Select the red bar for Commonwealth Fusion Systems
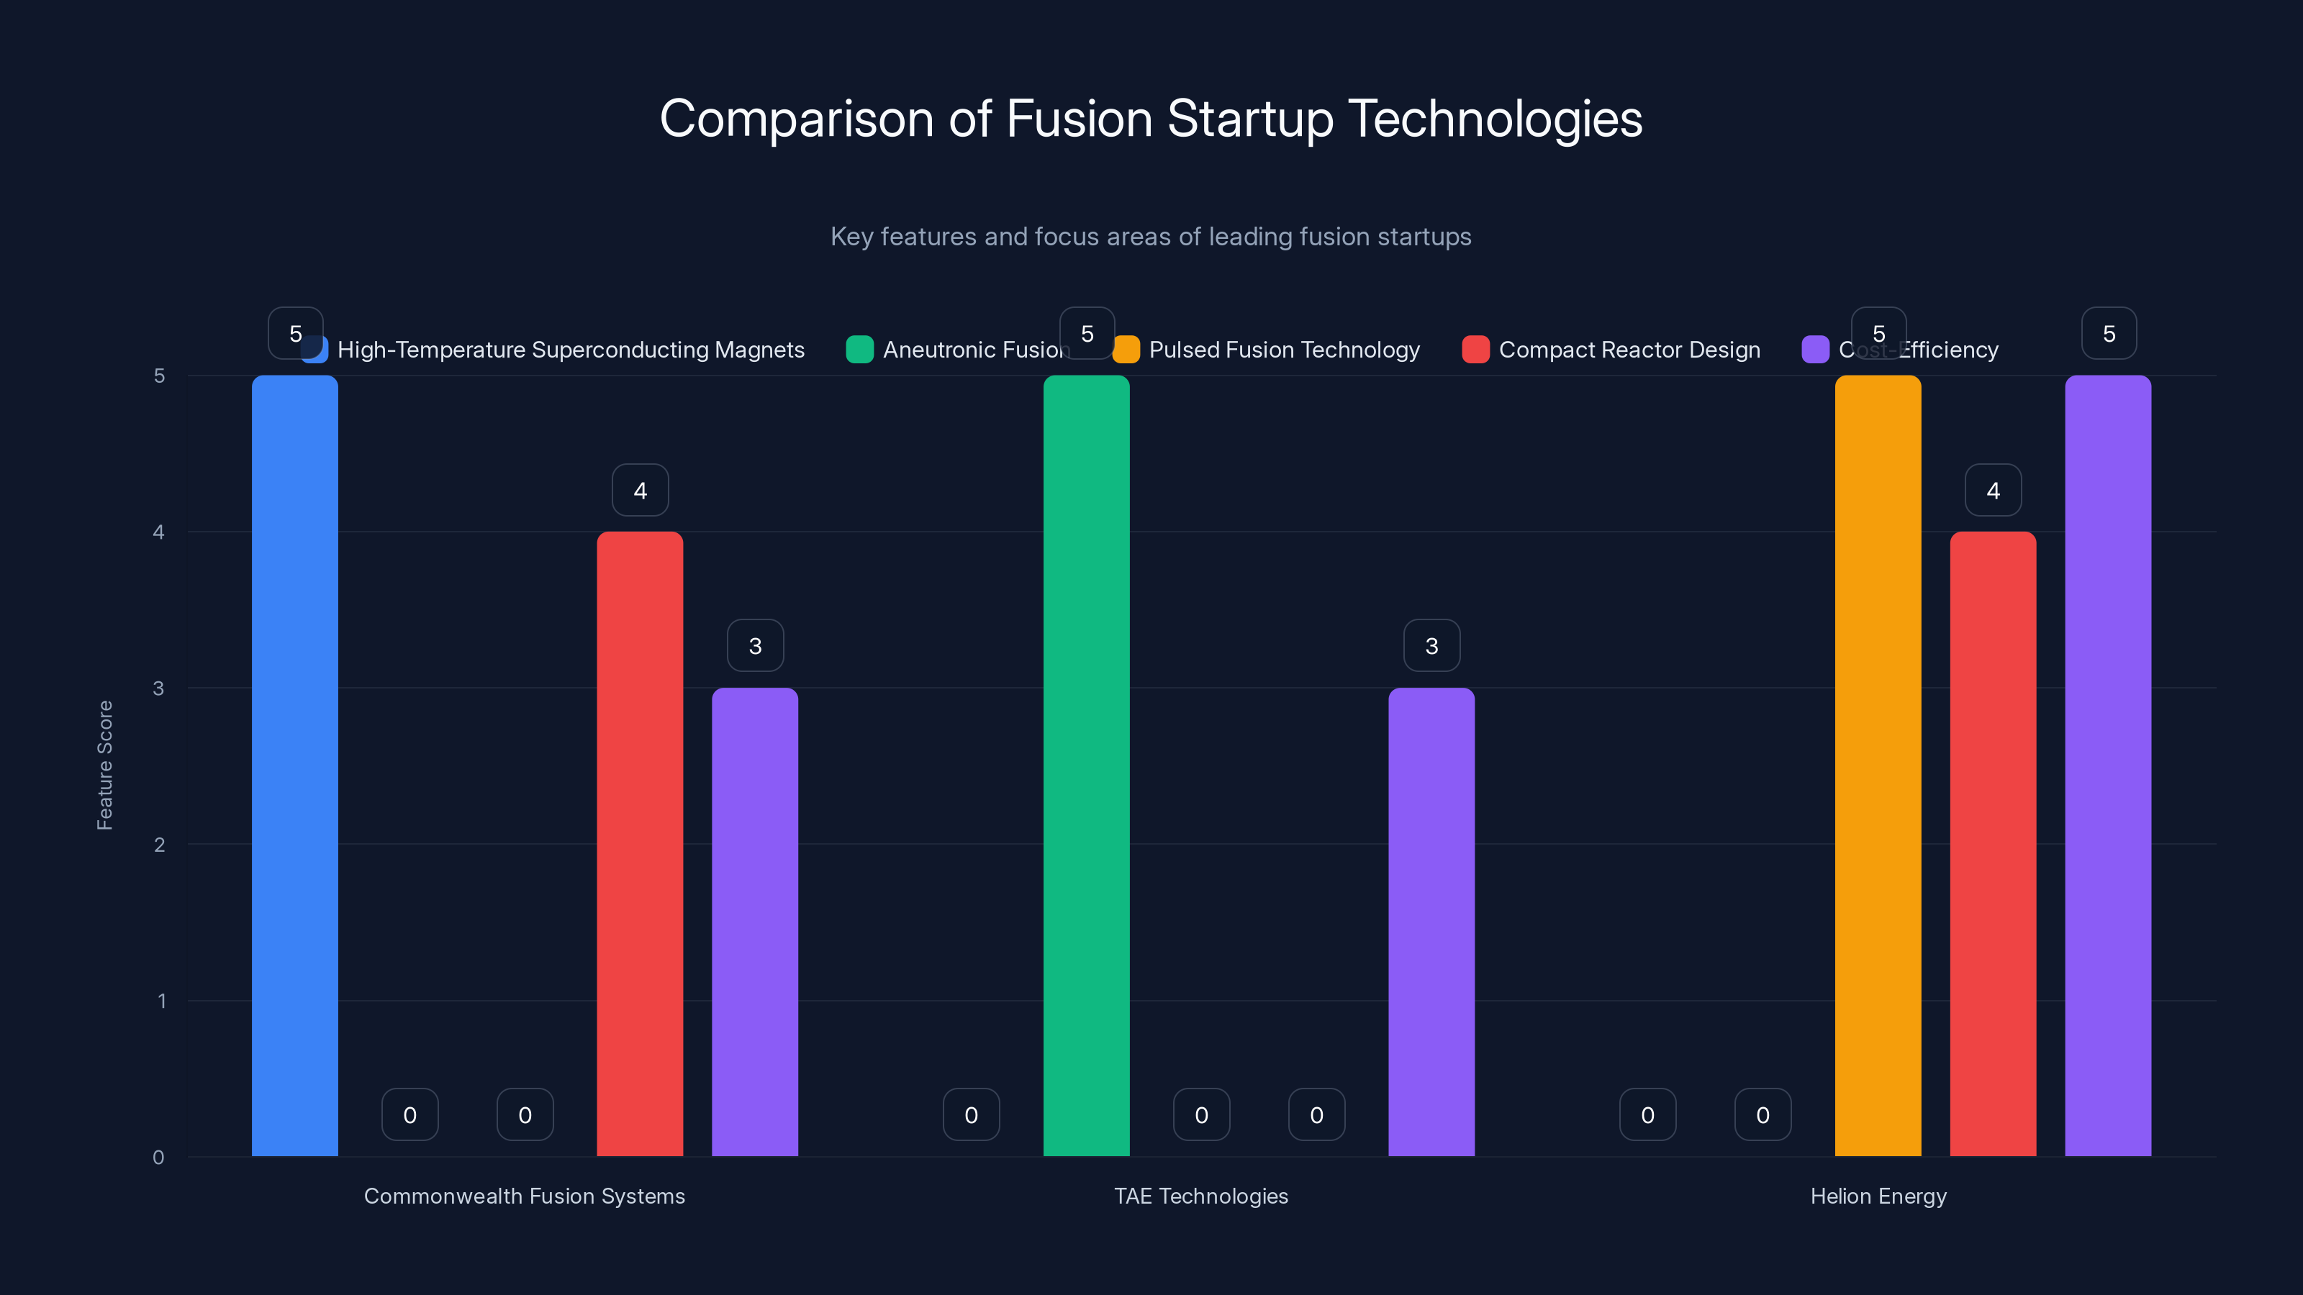tap(639, 844)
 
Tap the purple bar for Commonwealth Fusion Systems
tap(754, 922)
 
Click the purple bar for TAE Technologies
tap(1431, 922)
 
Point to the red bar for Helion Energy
tap(1993, 844)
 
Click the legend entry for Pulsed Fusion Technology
tap(1266, 350)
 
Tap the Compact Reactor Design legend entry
tap(1611, 350)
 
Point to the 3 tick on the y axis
tap(159, 689)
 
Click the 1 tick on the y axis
tap(162, 1001)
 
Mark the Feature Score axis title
tap(104, 765)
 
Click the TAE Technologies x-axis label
tap(1200, 1196)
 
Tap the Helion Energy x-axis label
tap(1878, 1196)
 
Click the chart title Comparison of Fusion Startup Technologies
tap(1151, 118)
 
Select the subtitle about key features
tap(1151, 236)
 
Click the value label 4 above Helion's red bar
tap(1993, 490)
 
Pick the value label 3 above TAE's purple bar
tap(1431, 645)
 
